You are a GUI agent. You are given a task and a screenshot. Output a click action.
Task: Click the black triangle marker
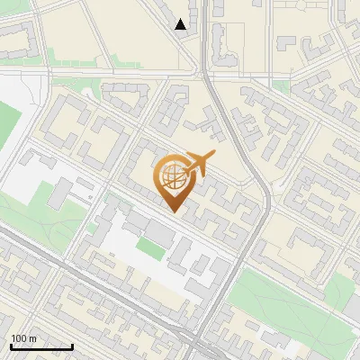(x=181, y=24)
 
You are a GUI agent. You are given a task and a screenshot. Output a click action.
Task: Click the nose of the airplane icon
(x=214, y=156)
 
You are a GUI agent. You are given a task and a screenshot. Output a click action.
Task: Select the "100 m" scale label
(x=24, y=338)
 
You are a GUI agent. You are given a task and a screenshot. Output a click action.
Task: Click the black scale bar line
(x=41, y=346)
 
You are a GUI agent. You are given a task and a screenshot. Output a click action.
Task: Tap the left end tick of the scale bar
(x=11, y=345)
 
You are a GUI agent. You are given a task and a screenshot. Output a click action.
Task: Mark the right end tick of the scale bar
(x=72, y=345)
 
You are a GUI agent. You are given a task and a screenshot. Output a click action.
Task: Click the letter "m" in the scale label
(x=33, y=338)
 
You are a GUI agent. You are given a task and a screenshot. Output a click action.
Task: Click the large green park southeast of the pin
(x=279, y=297)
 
